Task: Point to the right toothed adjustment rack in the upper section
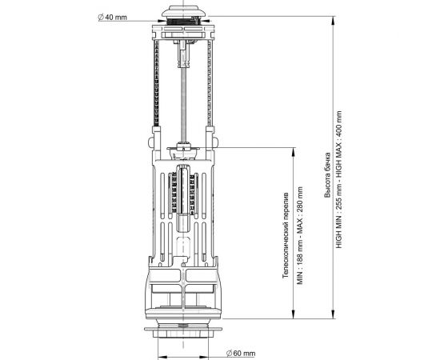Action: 212,88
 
